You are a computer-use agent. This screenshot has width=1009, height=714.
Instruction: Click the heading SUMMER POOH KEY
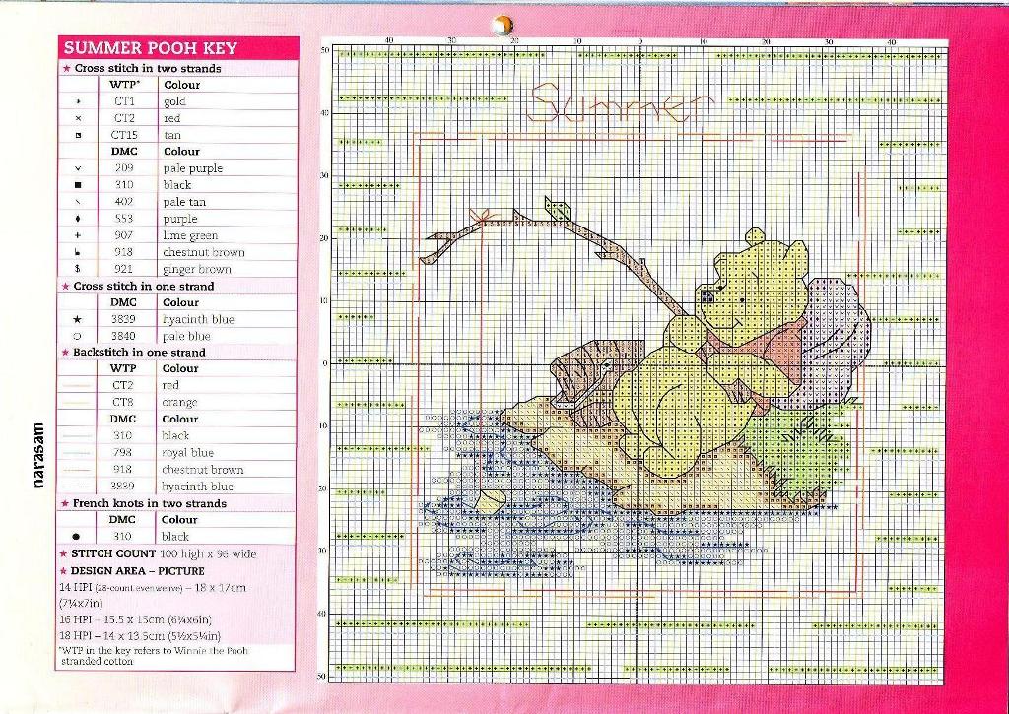click(150, 48)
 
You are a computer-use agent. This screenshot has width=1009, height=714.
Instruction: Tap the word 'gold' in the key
click(174, 101)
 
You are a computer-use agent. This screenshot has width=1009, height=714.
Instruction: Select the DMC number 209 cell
click(123, 168)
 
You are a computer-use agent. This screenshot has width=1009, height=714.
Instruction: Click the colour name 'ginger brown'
click(197, 269)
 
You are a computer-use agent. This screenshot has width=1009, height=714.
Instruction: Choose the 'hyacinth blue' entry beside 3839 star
click(198, 319)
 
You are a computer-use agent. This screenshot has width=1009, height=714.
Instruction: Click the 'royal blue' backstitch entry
click(187, 453)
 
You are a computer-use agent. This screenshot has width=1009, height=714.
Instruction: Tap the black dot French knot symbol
click(77, 537)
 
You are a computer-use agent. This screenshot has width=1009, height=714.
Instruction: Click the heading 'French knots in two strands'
click(149, 503)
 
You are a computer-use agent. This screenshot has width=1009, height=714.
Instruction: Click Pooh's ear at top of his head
click(755, 236)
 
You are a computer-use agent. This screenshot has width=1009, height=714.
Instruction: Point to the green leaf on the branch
click(558, 208)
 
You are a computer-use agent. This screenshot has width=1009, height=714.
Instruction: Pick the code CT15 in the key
click(124, 135)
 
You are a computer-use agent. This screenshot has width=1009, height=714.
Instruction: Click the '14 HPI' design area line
click(152, 587)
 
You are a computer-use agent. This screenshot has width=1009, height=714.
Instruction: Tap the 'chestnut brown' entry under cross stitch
click(203, 252)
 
